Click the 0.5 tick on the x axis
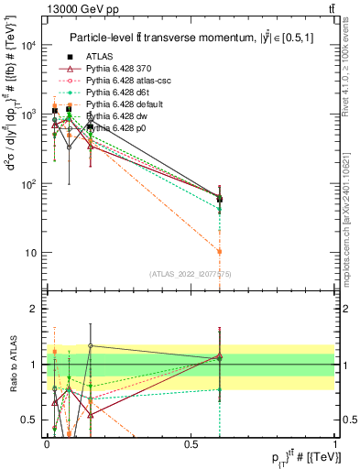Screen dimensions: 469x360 193,443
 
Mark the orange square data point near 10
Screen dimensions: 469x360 219,251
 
